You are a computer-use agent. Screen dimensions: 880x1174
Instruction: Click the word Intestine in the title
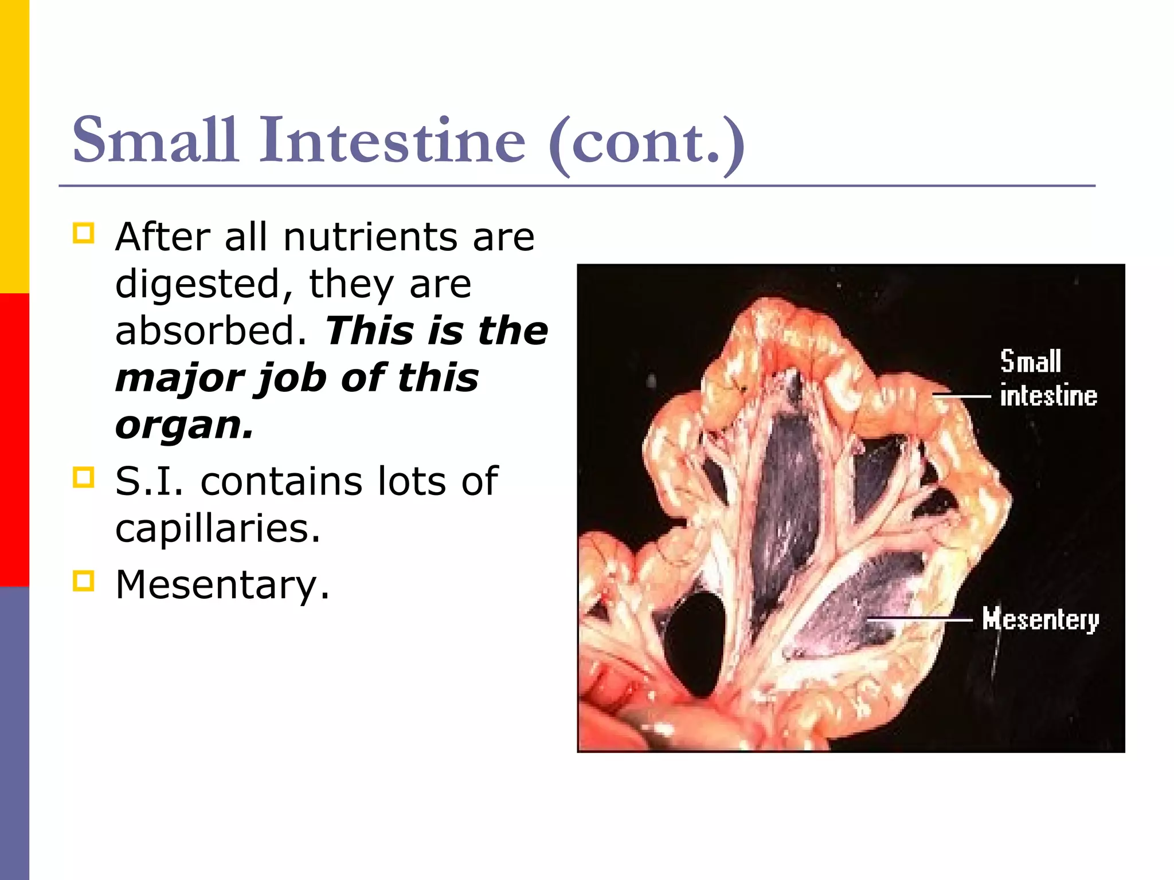tap(392, 140)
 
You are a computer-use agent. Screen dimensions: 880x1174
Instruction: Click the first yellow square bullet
tap(84, 234)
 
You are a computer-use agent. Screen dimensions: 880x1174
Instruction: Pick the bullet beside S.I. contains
tap(84, 477)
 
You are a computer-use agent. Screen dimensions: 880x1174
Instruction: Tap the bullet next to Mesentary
tap(84, 580)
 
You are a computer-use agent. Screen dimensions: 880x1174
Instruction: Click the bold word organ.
tap(183, 427)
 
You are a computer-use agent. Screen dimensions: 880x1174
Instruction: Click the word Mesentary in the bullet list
tap(222, 584)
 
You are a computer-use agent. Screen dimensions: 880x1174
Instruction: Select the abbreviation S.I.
tap(149, 481)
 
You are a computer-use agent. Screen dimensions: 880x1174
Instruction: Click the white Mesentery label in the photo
tap(1040, 619)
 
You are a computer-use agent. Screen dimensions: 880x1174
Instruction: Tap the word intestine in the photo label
tap(1048, 396)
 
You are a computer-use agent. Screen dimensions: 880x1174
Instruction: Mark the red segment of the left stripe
tap(14, 440)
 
